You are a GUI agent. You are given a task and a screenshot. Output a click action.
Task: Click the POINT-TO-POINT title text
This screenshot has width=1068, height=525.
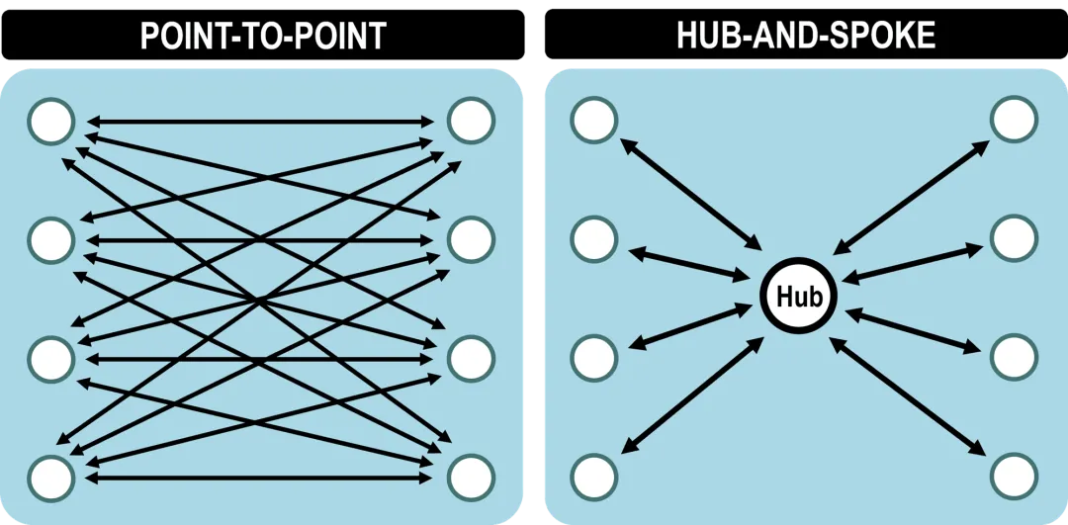click(x=262, y=36)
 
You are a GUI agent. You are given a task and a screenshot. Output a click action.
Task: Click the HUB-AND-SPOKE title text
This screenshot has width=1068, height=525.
click(x=805, y=36)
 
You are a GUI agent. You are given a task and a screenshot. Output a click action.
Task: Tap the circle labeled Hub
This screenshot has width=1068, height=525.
click(x=798, y=296)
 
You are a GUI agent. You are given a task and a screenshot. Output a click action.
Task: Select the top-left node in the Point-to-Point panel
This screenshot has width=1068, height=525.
click(x=51, y=121)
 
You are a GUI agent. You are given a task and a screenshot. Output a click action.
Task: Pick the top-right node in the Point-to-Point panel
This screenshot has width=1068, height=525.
click(x=472, y=121)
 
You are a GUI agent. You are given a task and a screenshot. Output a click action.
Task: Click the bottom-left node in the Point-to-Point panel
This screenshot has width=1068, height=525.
click(x=51, y=478)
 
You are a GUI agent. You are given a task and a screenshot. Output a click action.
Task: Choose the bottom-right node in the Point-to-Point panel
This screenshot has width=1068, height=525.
click(x=472, y=478)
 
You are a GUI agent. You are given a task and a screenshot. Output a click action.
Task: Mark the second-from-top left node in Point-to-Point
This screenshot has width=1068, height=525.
click(x=51, y=238)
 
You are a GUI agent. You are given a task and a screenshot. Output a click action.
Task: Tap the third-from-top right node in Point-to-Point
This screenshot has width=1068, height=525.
click(x=472, y=358)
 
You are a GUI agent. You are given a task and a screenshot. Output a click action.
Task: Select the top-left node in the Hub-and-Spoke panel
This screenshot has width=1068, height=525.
click(x=594, y=121)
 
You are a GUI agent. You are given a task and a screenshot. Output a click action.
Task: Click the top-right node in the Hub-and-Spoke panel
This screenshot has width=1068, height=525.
click(x=1015, y=121)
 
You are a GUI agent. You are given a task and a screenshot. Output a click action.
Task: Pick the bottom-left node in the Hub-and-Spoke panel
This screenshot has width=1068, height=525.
click(x=594, y=478)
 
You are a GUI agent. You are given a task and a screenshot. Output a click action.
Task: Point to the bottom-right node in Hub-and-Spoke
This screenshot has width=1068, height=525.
click(x=1015, y=478)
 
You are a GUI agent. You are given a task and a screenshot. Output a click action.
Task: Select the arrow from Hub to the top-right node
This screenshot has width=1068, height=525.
click(x=911, y=193)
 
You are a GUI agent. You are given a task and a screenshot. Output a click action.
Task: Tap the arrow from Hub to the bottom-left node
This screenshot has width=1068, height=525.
click(x=692, y=395)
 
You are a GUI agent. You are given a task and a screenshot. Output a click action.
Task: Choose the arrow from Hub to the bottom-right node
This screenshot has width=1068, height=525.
click(x=910, y=395)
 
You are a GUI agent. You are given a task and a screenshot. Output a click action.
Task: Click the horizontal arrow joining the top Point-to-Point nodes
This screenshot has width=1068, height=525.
click(x=261, y=122)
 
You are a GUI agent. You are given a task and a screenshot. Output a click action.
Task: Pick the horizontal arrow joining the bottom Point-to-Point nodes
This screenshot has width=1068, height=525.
click(x=261, y=478)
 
